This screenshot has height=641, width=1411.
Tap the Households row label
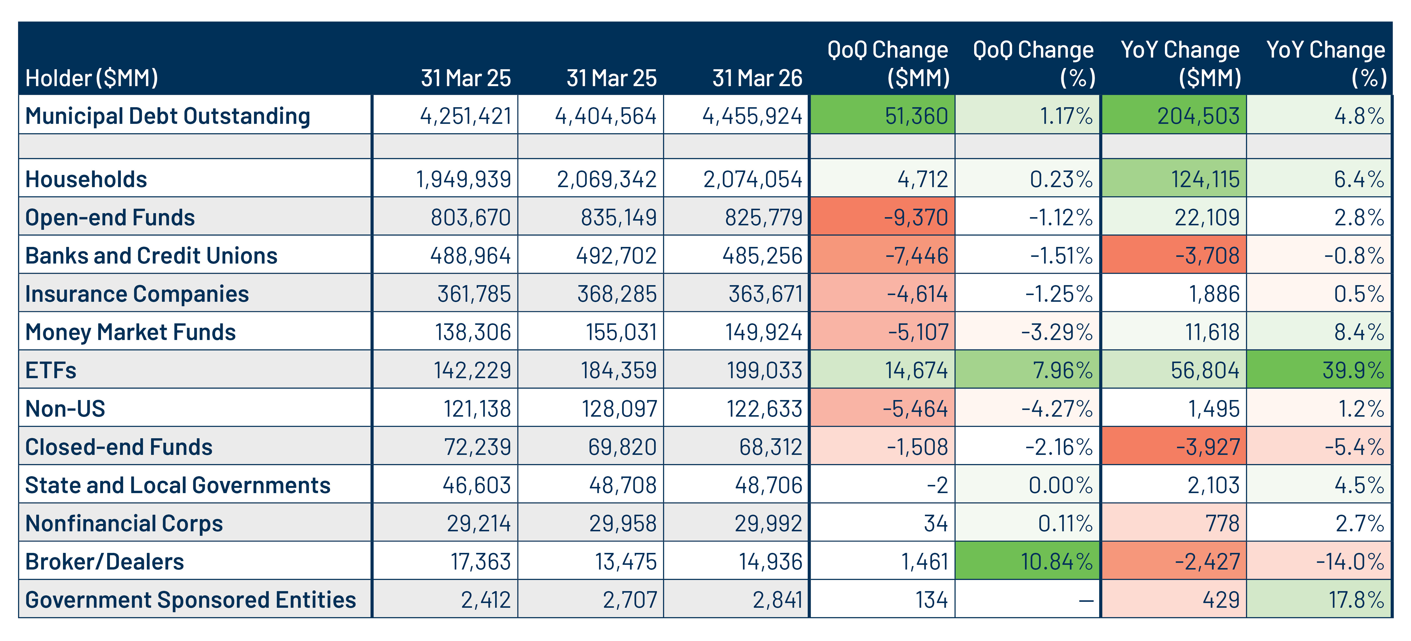(86, 179)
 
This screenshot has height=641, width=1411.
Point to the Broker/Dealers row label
(105, 562)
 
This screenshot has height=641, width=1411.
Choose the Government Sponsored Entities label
(191, 600)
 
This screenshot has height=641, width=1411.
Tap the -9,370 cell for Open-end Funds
(882, 217)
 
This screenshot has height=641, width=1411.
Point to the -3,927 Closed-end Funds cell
(1174, 446)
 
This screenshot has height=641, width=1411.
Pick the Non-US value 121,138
(477, 409)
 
